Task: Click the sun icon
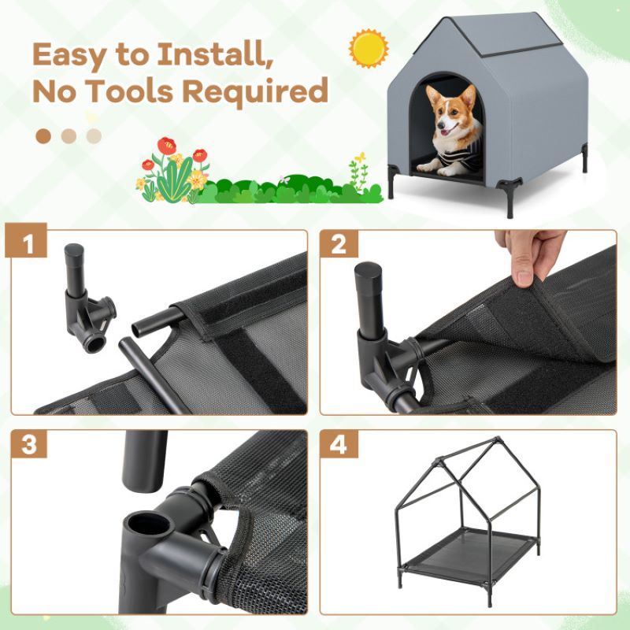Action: click(369, 49)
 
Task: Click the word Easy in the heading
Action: click(79, 55)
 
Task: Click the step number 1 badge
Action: click(31, 245)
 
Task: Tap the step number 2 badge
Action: click(339, 245)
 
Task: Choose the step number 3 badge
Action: click(31, 445)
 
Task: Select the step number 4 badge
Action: click(339, 445)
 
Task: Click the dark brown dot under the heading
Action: click(44, 136)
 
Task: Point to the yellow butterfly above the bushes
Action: click(359, 158)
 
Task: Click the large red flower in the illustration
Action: click(166, 146)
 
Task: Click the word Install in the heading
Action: click(213, 55)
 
